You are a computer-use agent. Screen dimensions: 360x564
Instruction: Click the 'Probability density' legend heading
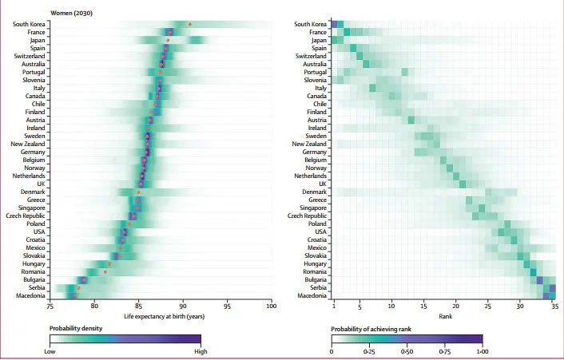coord(76,329)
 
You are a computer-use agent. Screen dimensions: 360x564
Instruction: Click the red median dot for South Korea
coord(189,25)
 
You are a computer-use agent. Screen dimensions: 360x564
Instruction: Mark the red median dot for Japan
coord(168,40)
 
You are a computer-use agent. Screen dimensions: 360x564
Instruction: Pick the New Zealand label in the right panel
coord(308,144)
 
